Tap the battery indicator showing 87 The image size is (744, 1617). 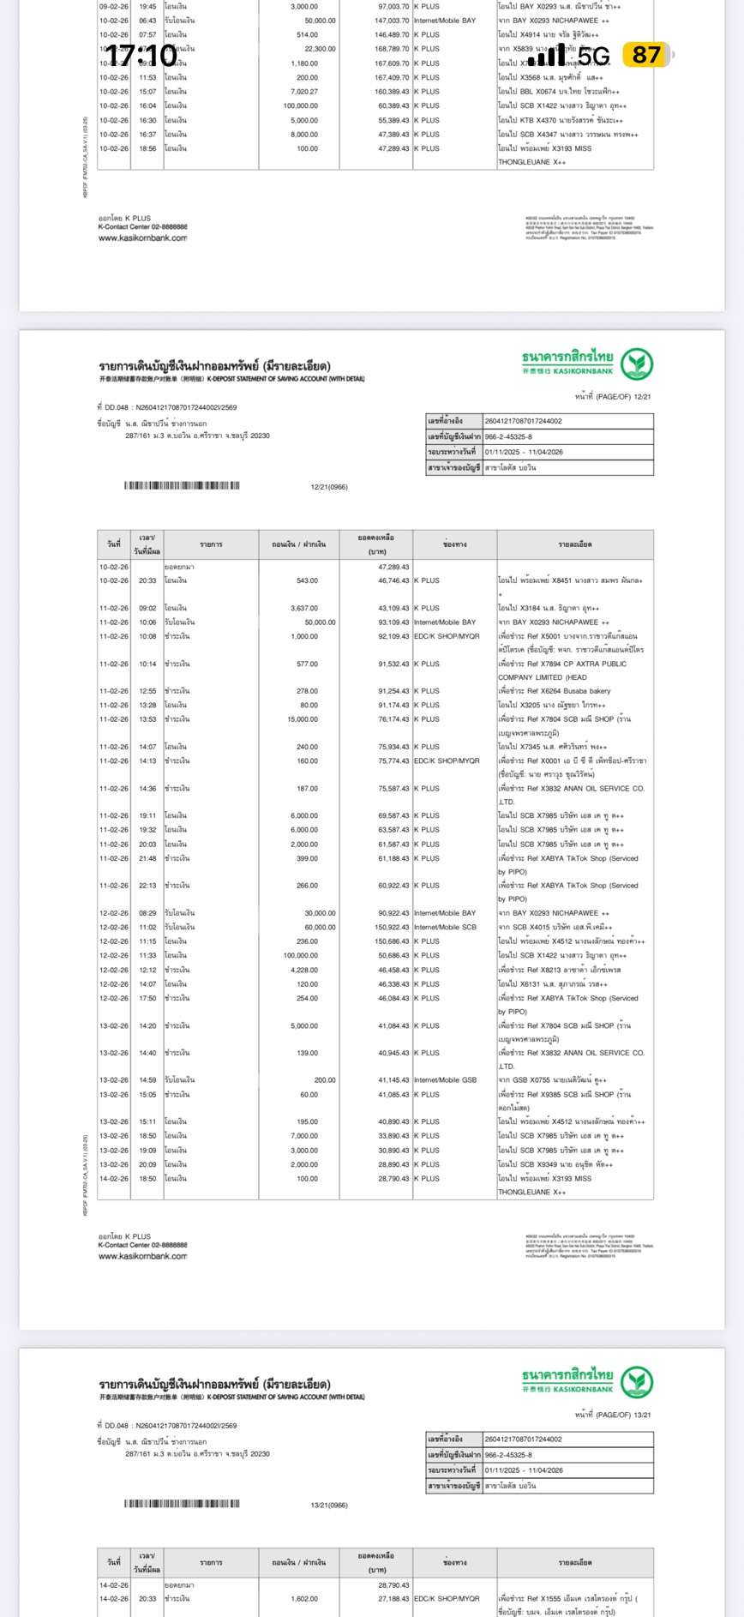point(647,55)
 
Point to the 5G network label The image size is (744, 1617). point(594,57)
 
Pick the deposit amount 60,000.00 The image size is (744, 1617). point(320,927)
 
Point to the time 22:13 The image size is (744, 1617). point(148,886)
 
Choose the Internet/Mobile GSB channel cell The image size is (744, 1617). point(445,1080)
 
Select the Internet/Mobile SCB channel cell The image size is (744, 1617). point(445,927)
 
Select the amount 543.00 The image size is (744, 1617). point(307,580)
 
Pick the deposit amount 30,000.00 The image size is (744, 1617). point(320,913)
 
